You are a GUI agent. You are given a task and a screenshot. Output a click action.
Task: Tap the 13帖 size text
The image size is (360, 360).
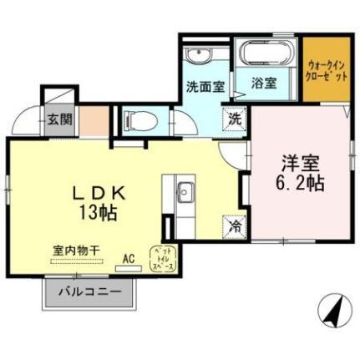(98, 212)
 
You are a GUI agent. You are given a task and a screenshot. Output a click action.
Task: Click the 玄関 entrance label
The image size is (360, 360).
(58, 119)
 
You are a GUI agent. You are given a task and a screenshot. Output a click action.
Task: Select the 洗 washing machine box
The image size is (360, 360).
(235, 119)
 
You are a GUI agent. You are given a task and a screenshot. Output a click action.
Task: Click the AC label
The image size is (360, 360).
(129, 258)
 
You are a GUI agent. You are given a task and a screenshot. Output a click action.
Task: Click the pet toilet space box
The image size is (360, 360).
(162, 257)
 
